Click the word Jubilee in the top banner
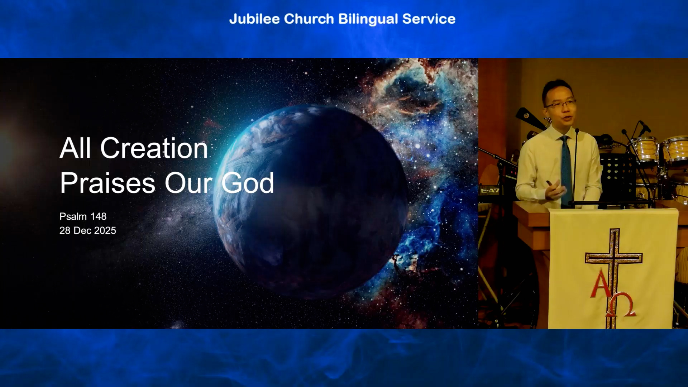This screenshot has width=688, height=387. click(254, 19)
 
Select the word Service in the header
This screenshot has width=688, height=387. click(429, 19)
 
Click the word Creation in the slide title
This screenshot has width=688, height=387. click(154, 148)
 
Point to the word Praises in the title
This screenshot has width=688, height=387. click(108, 183)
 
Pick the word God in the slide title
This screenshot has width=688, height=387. click(248, 183)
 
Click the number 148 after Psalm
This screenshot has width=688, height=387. click(98, 216)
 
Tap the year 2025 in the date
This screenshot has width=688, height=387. click(105, 230)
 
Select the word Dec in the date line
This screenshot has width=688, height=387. click(82, 230)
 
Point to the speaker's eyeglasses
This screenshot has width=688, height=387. click(561, 104)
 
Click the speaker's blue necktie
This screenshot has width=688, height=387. click(565, 168)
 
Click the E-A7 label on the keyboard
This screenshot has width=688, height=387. click(490, 191)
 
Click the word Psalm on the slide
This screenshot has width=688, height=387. click(73, 216)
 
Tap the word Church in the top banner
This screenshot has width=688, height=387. click(309, 19)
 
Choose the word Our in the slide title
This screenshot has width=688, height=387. click(188, 183)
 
